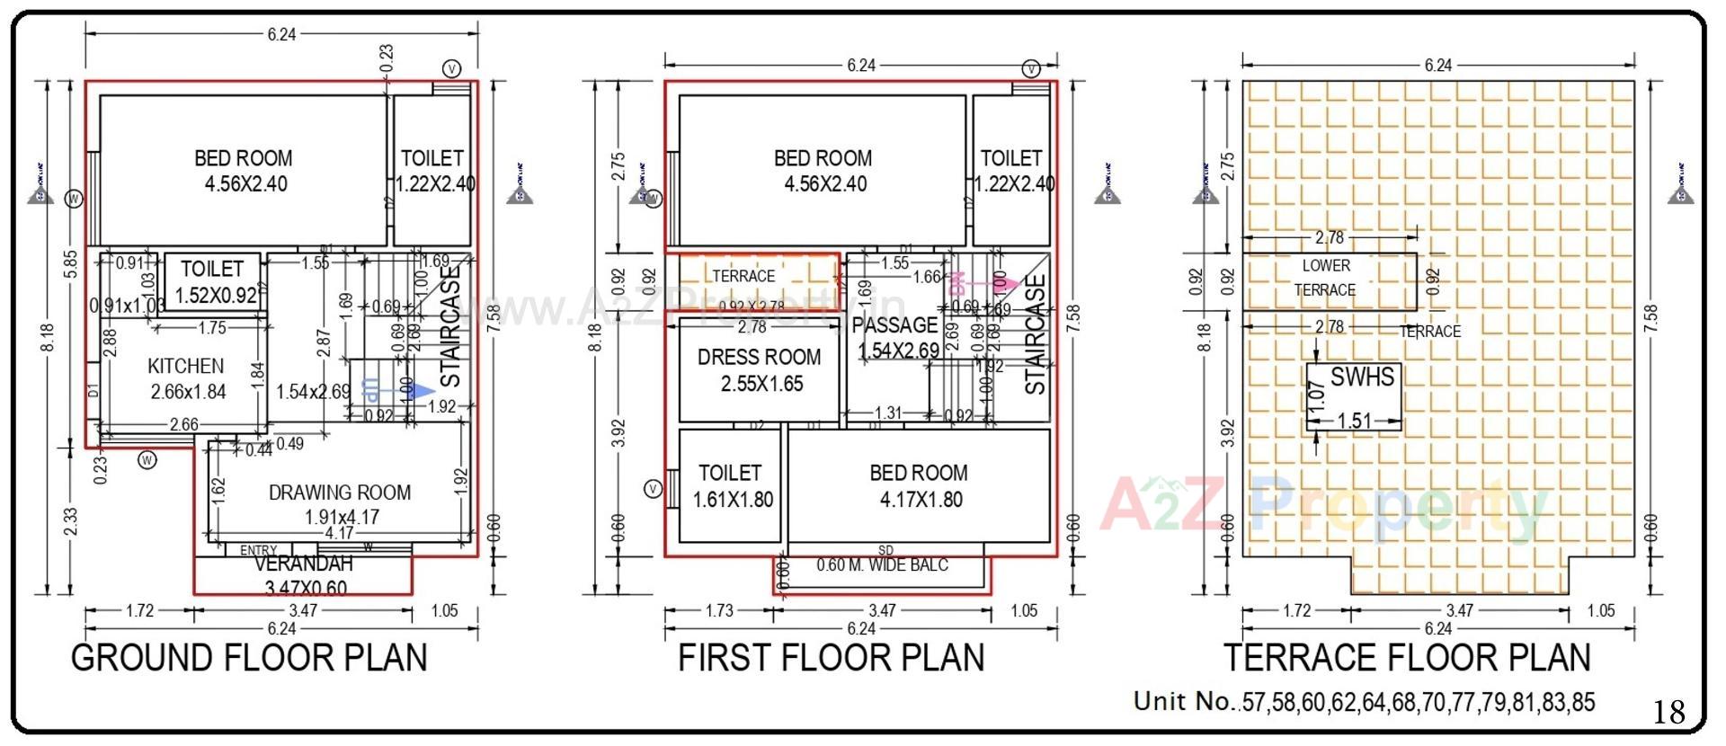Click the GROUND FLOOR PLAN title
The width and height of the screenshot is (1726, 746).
tap(249, 658)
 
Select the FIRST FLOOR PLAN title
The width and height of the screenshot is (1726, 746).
tap(831, 658)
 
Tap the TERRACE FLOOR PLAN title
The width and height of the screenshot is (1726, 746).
tap(1406, 658)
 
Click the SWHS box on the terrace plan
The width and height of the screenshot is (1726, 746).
tap(1354, 396)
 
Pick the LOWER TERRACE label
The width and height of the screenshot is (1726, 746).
tap(1326, 278)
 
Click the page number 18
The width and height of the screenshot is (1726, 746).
tap(1668, 712)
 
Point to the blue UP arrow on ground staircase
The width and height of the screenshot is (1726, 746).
tap(420, 390)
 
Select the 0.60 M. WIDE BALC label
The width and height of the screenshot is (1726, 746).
tap(882, 565)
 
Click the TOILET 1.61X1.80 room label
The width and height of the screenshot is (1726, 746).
tap(731, 485)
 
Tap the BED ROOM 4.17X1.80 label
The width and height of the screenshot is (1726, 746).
tap(919, 485)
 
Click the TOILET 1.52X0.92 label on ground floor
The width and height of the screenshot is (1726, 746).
tap(213, 281)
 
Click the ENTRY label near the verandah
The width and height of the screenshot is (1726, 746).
tap(259, 550)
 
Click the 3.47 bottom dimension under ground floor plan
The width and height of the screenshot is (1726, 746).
tap(304, 610)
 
